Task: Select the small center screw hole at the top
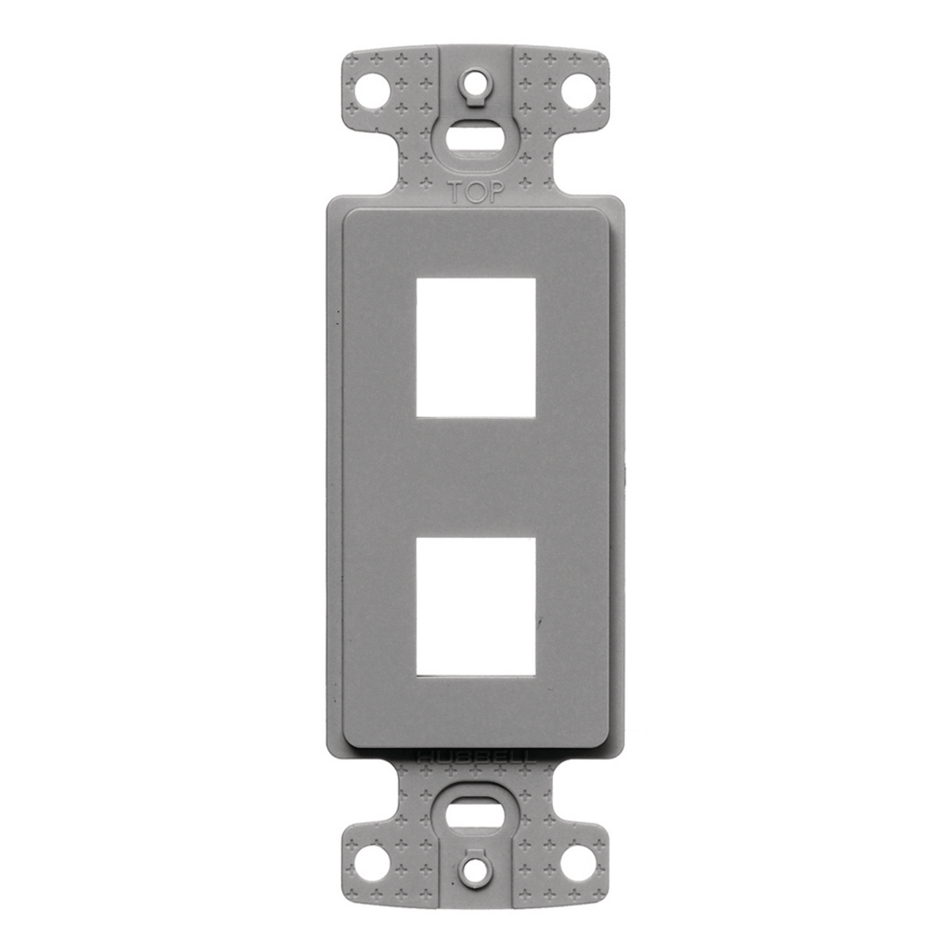pos(476,82)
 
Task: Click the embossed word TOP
pos(476,191)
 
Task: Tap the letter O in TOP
pos(475,191)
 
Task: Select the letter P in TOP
pos(494,191)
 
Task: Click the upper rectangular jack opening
pos(475,346)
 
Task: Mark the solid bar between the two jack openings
pos(475,476)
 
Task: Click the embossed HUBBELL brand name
pos(476,756)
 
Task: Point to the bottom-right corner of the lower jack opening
pos(534,676)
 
